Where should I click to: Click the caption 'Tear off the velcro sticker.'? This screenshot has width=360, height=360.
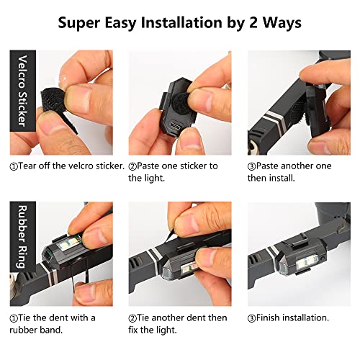tap(66, 166)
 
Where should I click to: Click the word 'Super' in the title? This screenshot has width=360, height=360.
tap(80, 23)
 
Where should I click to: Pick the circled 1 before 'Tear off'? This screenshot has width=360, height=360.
tap(14, 166)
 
